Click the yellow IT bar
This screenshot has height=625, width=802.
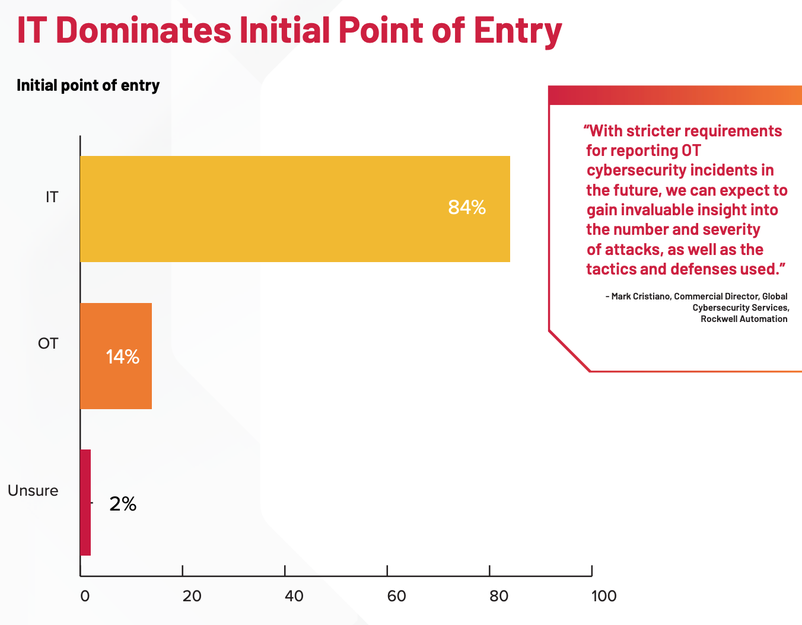click(295, 209)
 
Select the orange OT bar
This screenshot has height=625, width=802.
click(116, 356)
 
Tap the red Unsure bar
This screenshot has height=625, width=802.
click(85, 502)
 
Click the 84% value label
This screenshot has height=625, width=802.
click(467, 208)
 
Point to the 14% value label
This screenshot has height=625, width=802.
click(123, 357)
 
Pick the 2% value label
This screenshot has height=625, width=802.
click(123, 504)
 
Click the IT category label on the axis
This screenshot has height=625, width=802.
click(52, 197)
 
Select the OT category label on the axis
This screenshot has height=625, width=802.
click(48, 344)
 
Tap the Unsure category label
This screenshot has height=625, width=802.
click(33, 491)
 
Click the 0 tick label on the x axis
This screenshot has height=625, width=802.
click(85, 597)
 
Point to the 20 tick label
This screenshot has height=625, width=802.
click(192, 597)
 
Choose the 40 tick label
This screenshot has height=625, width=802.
click(294, 597)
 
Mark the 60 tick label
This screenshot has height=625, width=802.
click(397, 597)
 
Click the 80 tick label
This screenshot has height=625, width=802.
click(499, 597)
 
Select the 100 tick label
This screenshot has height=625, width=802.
click(604, 597)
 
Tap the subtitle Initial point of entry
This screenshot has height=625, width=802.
click(88, 85)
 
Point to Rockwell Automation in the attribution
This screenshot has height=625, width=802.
click(744, 319)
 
